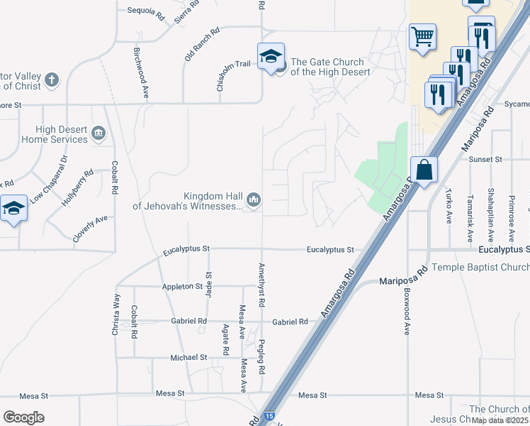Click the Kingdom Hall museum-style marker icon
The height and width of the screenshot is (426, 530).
[254, 202]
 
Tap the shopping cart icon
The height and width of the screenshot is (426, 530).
[422, 36]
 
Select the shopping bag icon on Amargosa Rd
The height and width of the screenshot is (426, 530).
[423, 171]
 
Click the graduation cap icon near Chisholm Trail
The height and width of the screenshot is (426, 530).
[271, 57]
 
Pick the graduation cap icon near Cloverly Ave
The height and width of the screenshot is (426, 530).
[14, 209]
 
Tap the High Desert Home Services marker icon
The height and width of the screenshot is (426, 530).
[98, 133]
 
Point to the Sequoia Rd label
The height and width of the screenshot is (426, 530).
[145, 11]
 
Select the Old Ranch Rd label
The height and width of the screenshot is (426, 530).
[202, 45]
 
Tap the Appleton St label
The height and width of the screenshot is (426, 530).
[183, 286]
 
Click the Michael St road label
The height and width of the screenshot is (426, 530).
[188, 358]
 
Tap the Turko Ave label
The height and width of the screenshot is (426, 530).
[449, 206]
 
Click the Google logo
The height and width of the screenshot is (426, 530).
[23, 417]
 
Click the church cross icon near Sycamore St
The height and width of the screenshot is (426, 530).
[51, 80]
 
